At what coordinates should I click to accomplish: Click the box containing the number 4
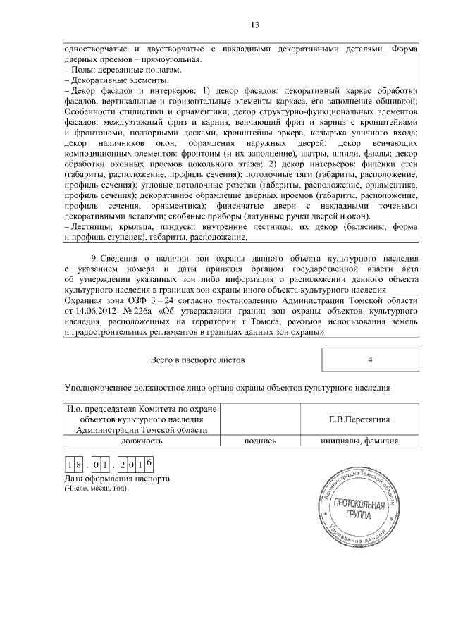pyautogui.click(x=370, y=360)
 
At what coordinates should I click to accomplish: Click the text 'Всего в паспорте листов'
pyautogui.click(x=197, y=360)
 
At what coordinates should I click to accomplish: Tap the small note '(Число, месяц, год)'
pyautogui.click(x=95, y=489)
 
